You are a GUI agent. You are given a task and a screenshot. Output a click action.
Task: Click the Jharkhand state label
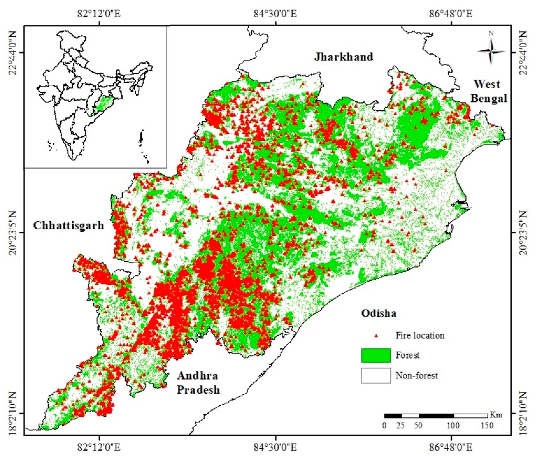(343, 57)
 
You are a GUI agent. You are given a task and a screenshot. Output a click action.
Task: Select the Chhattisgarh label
(69, 225)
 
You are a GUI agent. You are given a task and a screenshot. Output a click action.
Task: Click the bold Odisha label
(379, 313)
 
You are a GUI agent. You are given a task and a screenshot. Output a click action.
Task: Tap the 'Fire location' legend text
(420, 336)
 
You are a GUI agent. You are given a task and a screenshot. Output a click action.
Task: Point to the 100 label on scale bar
(453, 425)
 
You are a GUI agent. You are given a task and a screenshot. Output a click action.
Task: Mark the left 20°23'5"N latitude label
(13, 233)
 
